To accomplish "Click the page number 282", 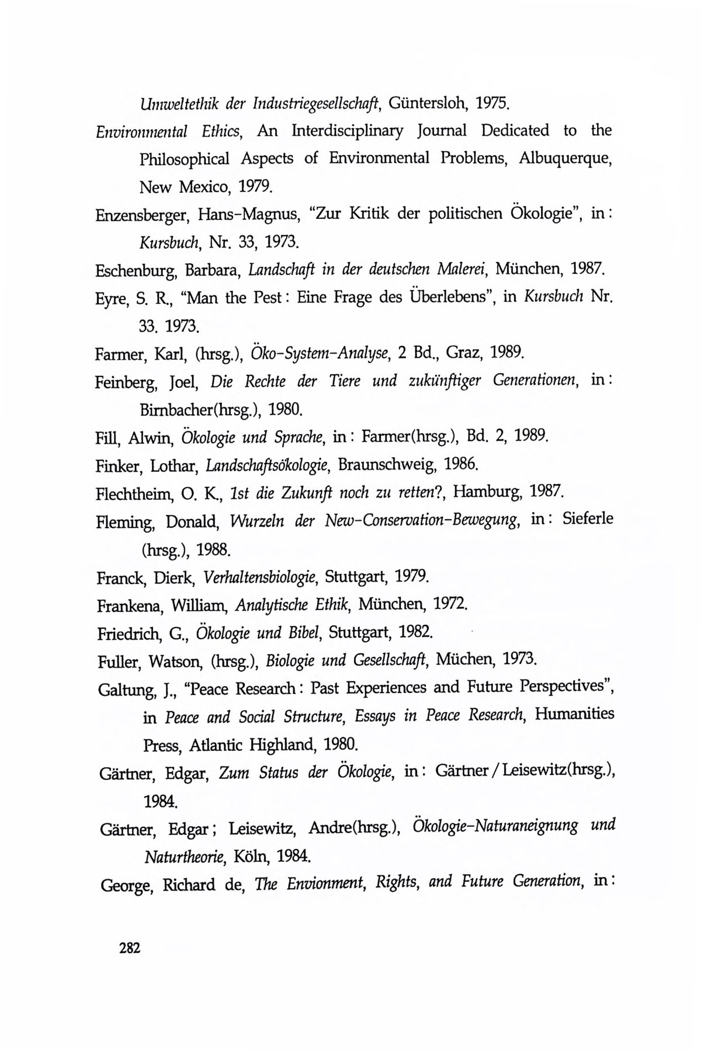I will [x=130, y=947].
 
